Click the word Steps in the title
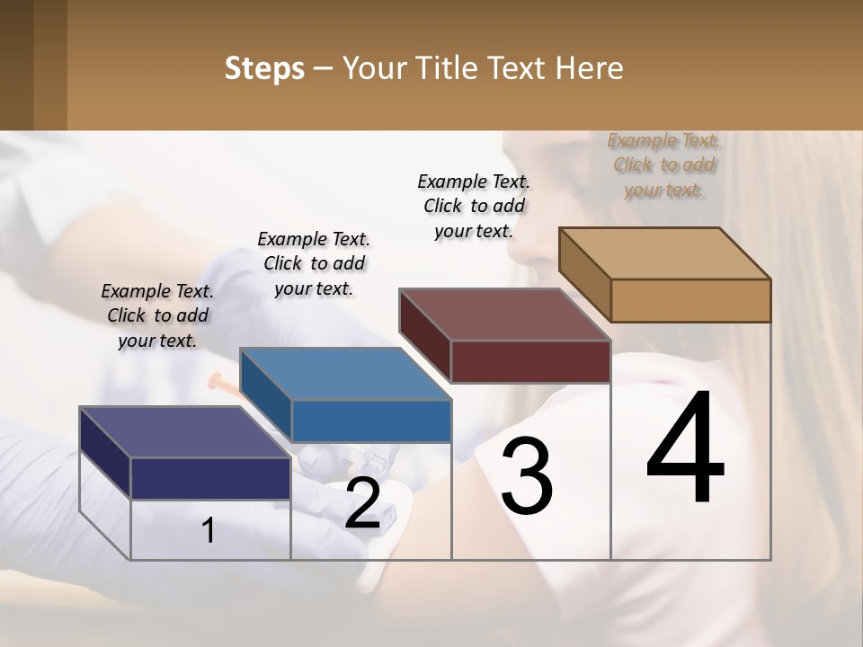[x=264, y=68]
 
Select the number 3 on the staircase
[x=526, y=476]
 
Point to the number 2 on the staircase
[x=362, y=503]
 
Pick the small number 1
[x=209, y=531]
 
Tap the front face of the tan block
[x=690, y=300]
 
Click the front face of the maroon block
[x=530, y=361]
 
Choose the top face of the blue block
[x=345, y=374]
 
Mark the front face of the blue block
[x=371, y=421]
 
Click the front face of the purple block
[x=210, y=478]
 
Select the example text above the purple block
[x=157, y=315]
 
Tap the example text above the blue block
[x=314, y=263]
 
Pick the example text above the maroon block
[x=474, y=206]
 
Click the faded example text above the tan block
[x=663, y=164]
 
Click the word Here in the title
[x=593, y=68]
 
